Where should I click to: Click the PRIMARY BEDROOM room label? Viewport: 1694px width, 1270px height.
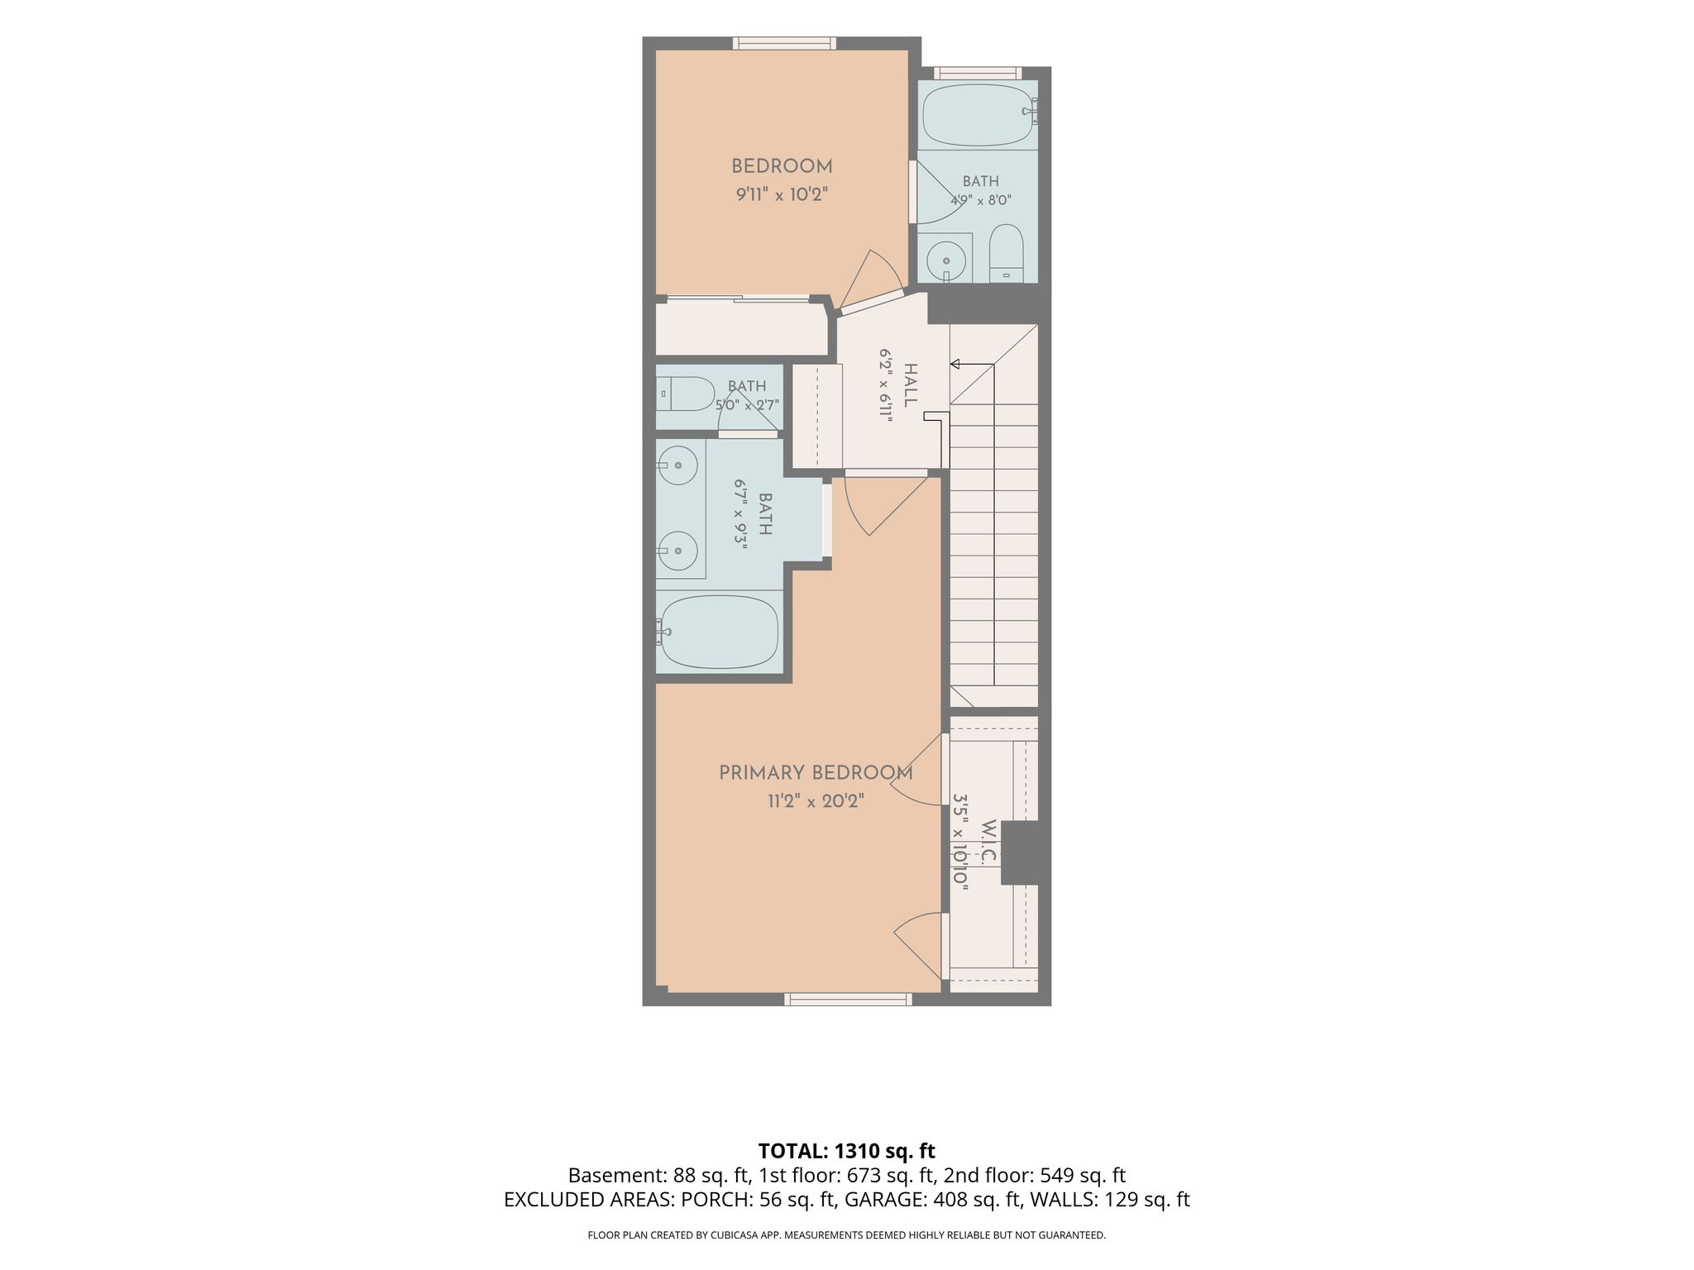(816, 773)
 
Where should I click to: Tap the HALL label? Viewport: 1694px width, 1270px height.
(911, 385)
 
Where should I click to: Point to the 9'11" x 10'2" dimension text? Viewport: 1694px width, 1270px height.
(782, 195)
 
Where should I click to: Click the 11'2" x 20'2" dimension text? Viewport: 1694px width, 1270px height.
(816, 801)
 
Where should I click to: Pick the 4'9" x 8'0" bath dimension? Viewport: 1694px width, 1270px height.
(980, 200)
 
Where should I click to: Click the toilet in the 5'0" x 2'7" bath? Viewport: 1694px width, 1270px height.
(686, 394)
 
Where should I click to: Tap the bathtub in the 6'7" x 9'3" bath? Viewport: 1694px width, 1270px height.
(719, 633)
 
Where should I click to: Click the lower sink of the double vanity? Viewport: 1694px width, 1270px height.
(678, 550)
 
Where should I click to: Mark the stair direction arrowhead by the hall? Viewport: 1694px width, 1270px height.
(955, 364)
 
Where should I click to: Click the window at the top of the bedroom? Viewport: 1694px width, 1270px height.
(783, 43)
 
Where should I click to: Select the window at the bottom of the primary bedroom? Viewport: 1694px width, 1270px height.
(848, 1000)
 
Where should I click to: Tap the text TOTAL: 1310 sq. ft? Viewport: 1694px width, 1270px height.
(846, 1150)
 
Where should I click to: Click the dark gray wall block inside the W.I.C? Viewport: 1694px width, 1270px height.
(1025, 853)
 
